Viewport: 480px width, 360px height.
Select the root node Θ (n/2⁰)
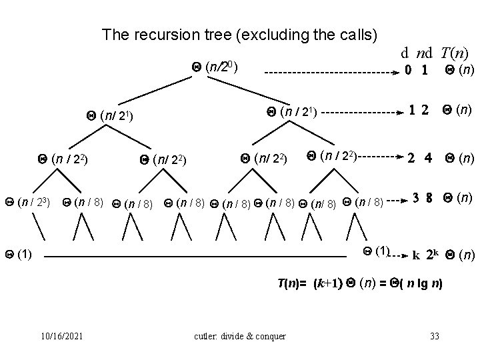[219, 67]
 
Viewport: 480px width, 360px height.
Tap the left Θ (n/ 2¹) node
[112, 117]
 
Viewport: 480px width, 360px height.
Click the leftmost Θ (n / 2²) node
[63, 159]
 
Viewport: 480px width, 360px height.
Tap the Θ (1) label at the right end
[376, 251]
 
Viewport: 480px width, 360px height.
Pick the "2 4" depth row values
[421, 159]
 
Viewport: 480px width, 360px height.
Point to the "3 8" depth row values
[422, 198]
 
